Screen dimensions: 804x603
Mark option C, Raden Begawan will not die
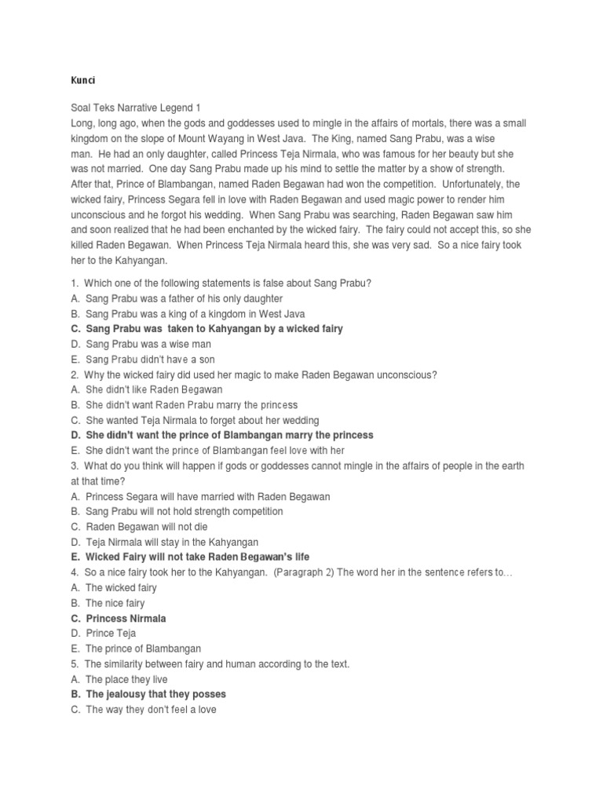coord(147,527)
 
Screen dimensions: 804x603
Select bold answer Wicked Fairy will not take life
coord(197,557)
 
